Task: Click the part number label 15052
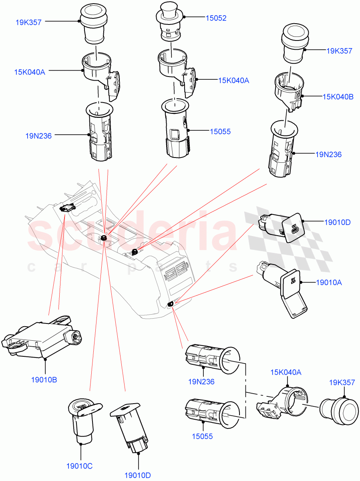click(x=216, y=18)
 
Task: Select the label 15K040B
click(x=338, y=97)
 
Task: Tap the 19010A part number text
click(x=329, y=283)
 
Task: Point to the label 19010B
click(x=44, y=380)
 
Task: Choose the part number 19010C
click(x=79, y=466)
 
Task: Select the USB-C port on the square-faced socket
click(x=295, y=230)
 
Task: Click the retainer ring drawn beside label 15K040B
click(x=288, y=92)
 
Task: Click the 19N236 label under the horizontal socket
click(x=201, y=382)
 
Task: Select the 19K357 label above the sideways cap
click(x=342, y=383)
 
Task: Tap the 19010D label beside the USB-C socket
click(x=337, y=222)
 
